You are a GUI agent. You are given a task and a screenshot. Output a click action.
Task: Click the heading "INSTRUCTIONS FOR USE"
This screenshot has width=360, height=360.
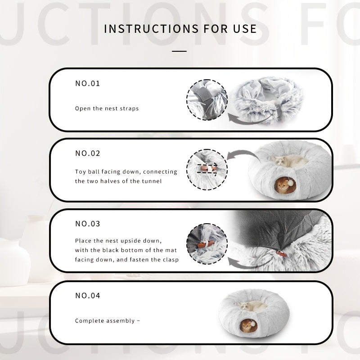pyautogui.click(x=180, y=29)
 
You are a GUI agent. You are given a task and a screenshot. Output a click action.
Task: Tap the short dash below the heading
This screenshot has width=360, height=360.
pyautogui.click(x=179, y=51)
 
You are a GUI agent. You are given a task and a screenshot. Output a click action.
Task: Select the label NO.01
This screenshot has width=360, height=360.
pyautogui.click(x=88, y=83)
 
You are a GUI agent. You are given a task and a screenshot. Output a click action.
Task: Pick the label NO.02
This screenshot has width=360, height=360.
pyautogui.click(x=88, y=153)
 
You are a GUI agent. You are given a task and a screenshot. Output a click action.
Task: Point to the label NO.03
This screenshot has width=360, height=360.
pyautogui.click(x=88, y=224)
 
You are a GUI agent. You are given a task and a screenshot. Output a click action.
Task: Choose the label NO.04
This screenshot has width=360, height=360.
pyautogui.click(x=88, y=296)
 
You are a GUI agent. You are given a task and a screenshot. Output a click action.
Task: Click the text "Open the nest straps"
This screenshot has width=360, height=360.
pyautogui.click(x=107, y=108)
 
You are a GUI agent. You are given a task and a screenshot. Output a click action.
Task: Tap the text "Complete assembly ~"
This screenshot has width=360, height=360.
pyautogui.click(x=108, y=321)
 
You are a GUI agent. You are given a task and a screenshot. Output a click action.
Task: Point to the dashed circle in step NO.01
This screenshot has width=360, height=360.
pyautogui.click(x=187, y=100)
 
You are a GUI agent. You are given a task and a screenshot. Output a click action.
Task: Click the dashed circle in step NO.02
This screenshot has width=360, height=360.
pyautogui.click(x=187, y=170)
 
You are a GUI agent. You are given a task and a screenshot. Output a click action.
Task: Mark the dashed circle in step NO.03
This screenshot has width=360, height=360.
pyautogui.click(x=187, y=243)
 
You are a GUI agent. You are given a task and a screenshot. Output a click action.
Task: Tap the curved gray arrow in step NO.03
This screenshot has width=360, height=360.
pyautogui.click(x=246, y=266)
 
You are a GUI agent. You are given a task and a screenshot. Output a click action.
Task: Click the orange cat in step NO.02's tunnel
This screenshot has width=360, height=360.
pyautogui.click(x=282, y=185)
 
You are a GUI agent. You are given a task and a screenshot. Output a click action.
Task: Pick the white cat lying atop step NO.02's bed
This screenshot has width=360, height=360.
pyautogui.click(x=290, y=161)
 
